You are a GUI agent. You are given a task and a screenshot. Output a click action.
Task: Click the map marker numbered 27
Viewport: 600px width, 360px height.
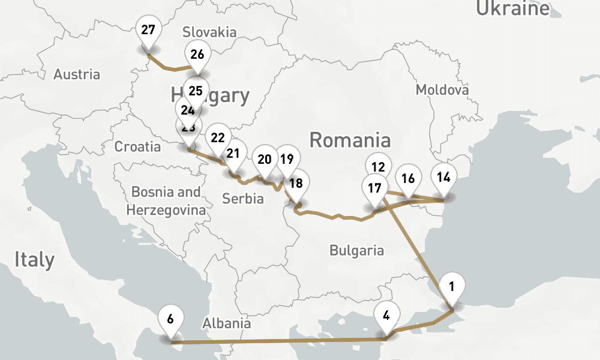(148, 30)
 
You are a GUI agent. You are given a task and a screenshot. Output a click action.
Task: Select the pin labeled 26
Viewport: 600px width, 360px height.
(197, 55)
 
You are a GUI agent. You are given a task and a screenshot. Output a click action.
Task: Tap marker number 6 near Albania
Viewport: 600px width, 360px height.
(170, 319)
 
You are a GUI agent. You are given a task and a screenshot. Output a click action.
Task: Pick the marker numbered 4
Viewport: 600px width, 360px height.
(386, 316)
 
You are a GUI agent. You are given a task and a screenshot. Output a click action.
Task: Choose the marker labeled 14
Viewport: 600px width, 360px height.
(444, 178)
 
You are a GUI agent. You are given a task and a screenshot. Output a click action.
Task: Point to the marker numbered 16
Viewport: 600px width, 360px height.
(408, 179)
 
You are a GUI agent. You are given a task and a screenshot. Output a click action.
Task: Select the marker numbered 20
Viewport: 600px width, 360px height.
(264, 160)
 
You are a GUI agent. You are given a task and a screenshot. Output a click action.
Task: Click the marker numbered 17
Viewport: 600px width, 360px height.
(374, 188)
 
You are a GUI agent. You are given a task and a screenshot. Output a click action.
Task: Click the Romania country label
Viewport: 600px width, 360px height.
(350, 140)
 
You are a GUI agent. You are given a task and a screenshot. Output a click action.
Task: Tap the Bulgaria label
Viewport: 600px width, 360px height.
(356, 250)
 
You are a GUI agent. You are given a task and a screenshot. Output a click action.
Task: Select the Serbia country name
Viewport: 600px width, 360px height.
(243, 199)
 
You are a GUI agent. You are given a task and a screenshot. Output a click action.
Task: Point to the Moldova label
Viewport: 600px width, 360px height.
(442, 90)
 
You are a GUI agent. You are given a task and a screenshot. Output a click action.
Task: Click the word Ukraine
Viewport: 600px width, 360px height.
(512, 8)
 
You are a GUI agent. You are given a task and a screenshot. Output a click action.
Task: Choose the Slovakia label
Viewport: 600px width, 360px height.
(209, 32)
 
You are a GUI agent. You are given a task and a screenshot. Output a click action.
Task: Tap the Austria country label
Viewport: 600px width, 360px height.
(77, 75)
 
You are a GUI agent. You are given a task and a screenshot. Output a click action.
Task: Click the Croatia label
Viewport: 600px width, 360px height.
(137, 147)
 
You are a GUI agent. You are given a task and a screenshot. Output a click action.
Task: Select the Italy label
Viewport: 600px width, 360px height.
(34, 260)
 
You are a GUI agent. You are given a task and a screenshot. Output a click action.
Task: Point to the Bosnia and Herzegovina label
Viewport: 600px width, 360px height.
(166, 201)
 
